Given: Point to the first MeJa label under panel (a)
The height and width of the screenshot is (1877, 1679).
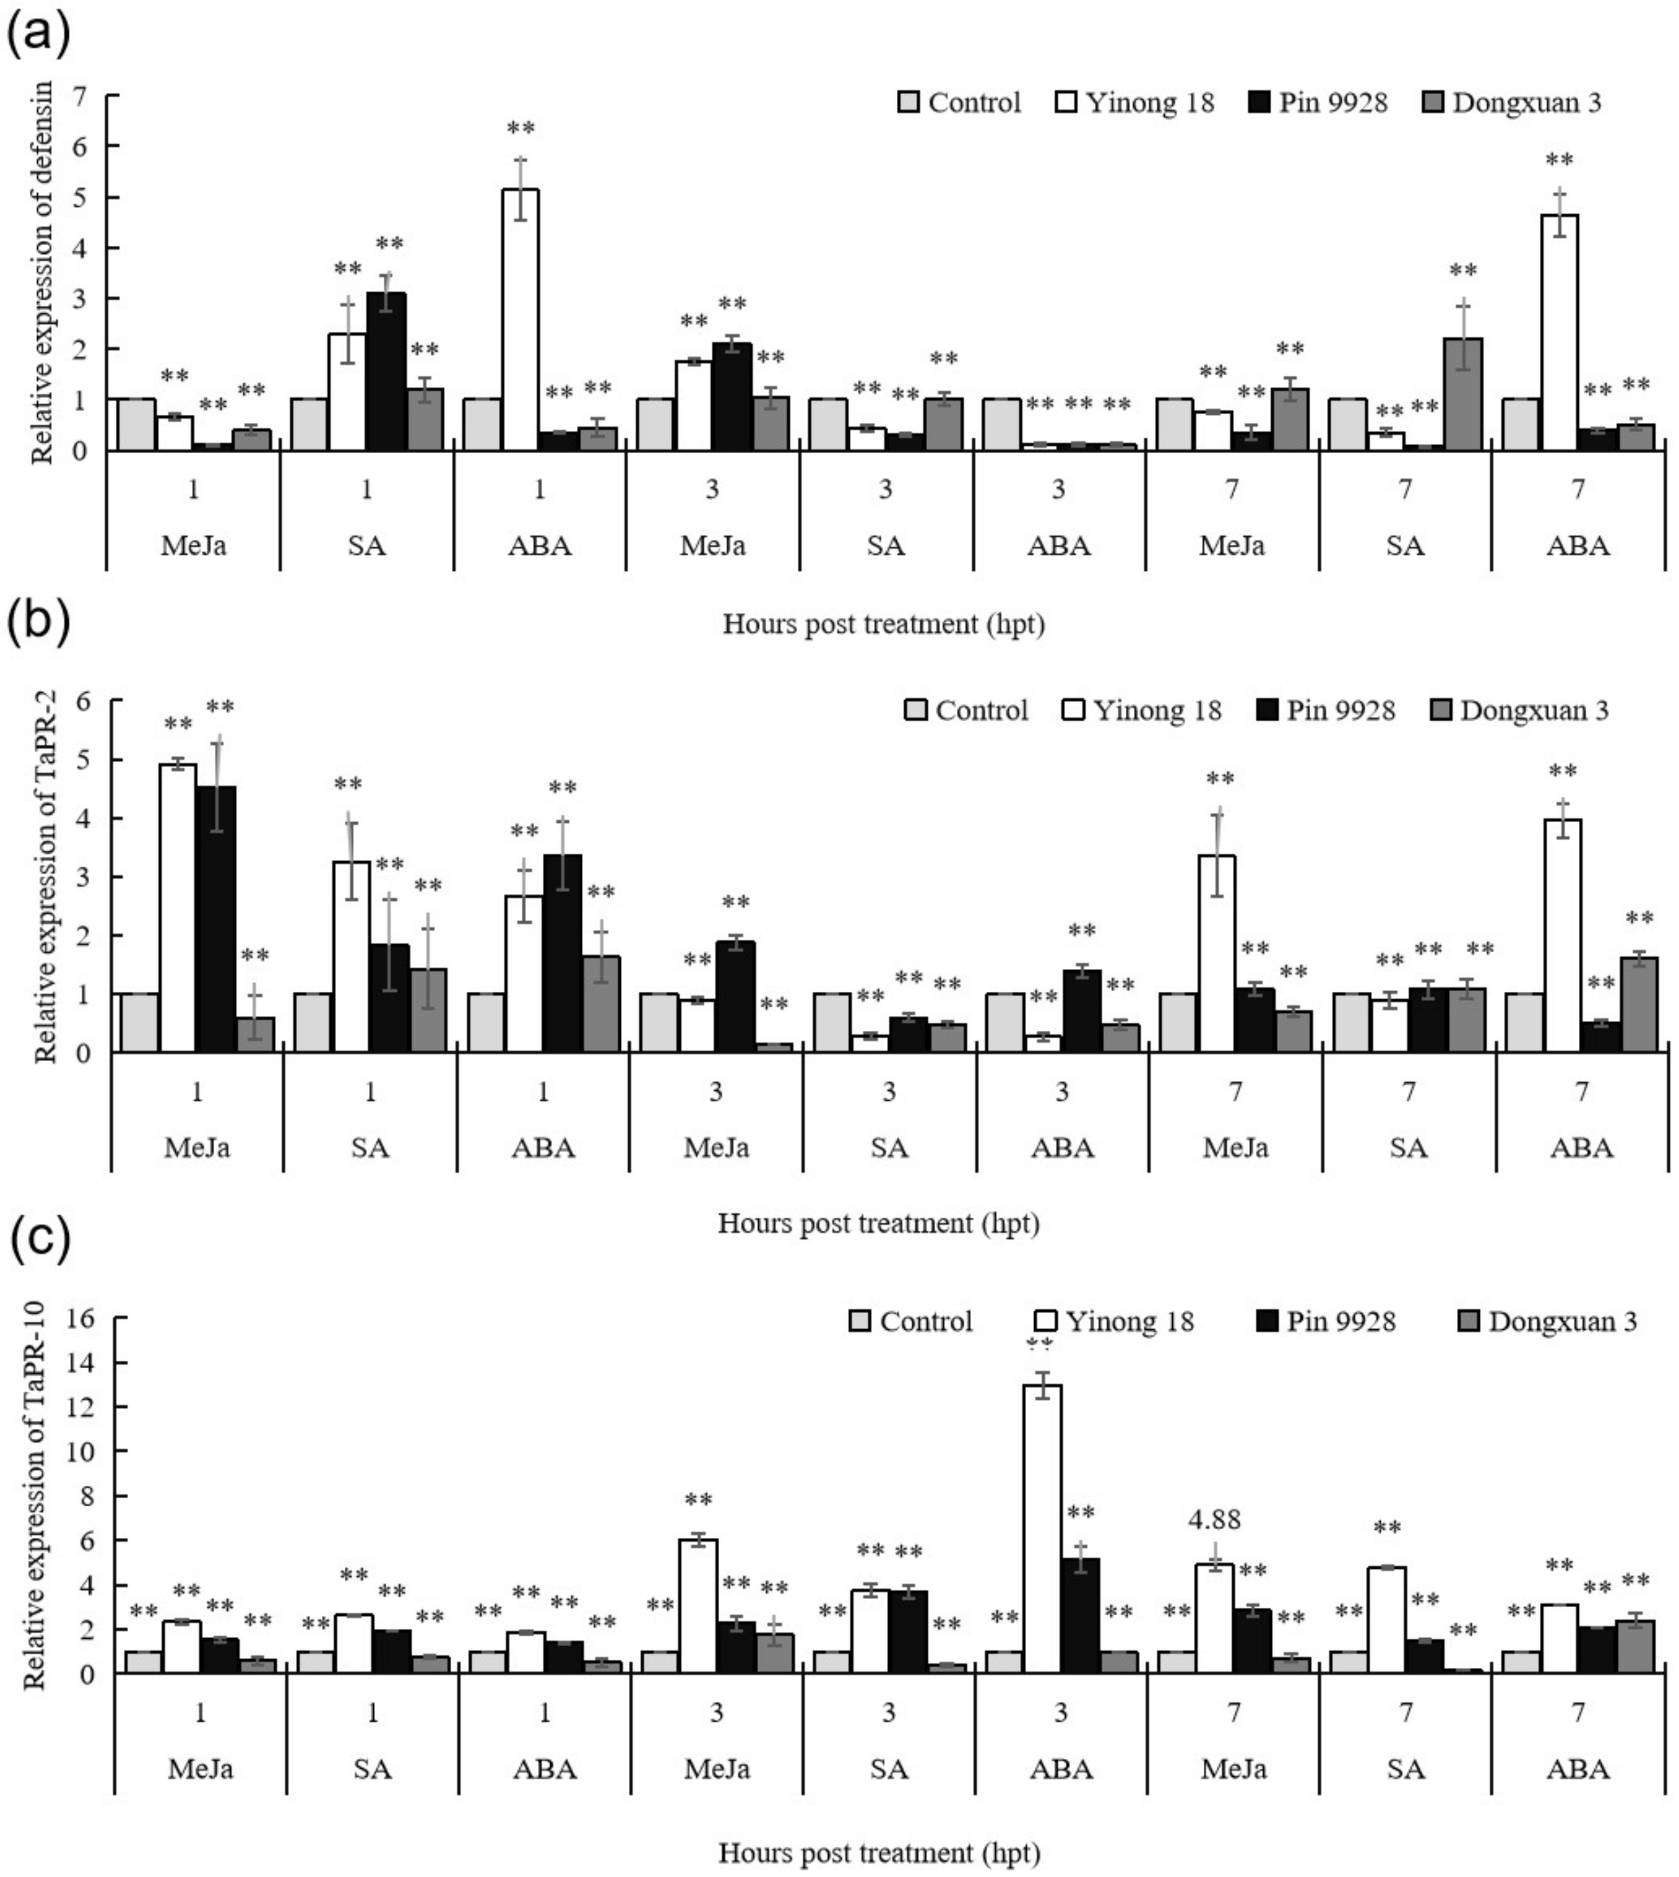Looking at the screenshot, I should point(193,545).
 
